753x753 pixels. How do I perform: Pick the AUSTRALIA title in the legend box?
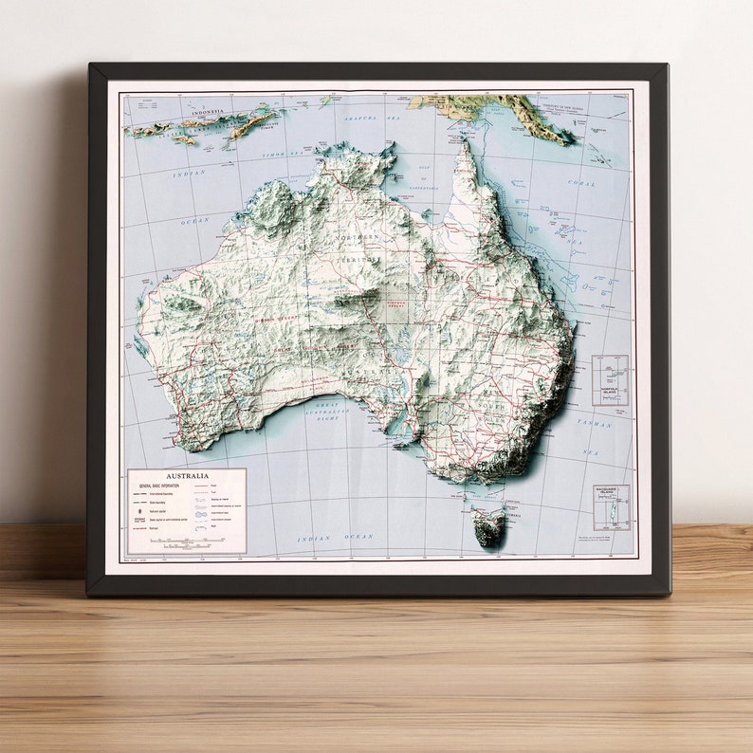187,476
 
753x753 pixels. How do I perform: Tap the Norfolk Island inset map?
610,380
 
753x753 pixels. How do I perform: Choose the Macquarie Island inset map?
611,507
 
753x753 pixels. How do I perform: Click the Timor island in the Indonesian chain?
244,124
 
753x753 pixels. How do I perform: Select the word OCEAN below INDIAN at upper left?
194,220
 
